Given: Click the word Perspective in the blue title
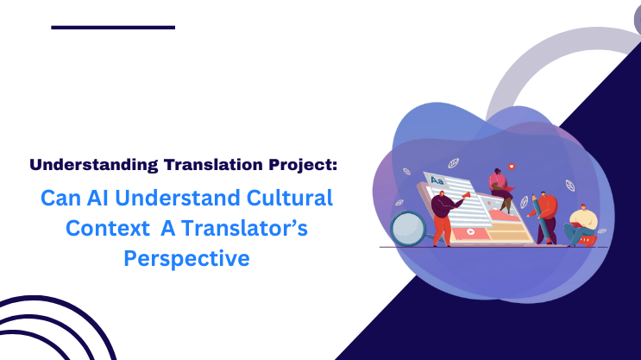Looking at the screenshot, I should [x=186, y=257].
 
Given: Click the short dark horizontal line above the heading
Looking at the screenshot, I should [x=113, y=28].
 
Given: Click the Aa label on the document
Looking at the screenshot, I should [x=437, y=180].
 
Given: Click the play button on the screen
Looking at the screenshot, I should [x=469, y=232].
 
